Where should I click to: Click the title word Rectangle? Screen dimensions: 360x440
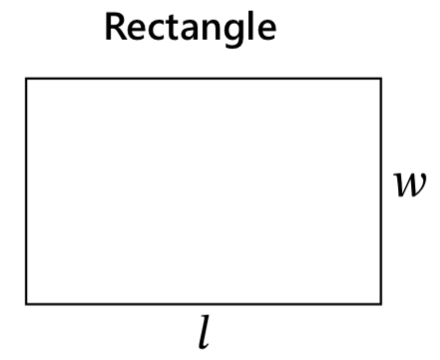pyautogui.click(x=191, y=27)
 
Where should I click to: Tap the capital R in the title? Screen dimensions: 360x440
pyautogui.click(x=116, y=27)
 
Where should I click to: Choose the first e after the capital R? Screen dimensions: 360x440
pyautogui.click(x=137, y=29)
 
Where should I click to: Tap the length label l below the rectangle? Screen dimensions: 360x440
pyautogui.click(x=205, y=332)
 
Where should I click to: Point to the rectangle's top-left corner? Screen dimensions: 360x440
pyautogui.click(x=27, y=78)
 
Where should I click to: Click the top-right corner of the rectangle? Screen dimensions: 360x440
pyautogui.click(x=380, y=78)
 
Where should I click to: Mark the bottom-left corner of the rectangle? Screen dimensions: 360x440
pyautogui.click(x=27, y=302)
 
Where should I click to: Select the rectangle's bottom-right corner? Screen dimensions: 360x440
pyautogui.click(x=380, y=302)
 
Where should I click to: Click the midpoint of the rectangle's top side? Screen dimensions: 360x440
pyautogui.click(x=204, y=78)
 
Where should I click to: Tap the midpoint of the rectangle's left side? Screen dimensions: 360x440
pyautogui.click(x=27, y=189)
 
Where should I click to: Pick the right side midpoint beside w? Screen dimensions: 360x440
pyautogui.click(x=380, y=189)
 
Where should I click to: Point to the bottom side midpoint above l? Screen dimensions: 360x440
pyautogui.click(x=204, y=302)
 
